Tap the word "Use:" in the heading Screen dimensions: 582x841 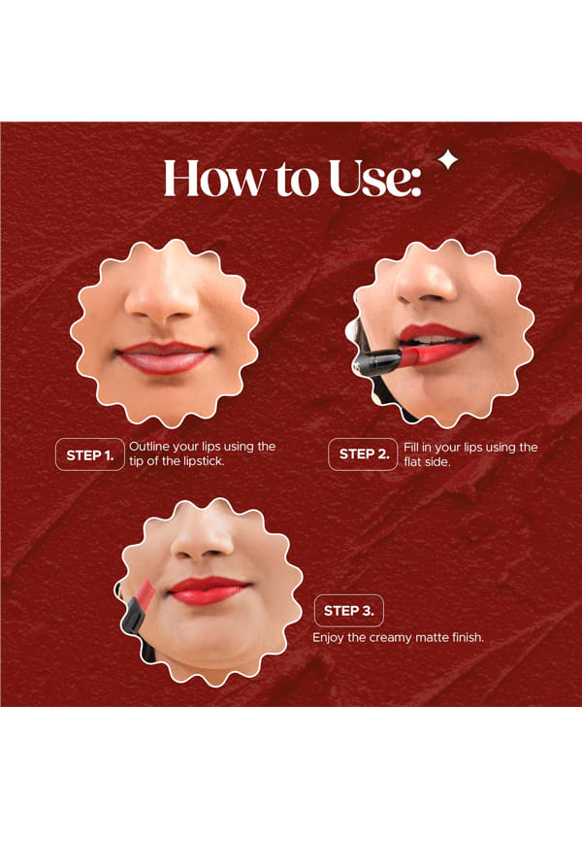[374, 178]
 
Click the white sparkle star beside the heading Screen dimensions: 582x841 [448, 160]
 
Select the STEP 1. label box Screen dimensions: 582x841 [89, 454]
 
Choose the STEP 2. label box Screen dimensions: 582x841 [363, 454]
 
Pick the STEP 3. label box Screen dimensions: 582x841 [349, 611]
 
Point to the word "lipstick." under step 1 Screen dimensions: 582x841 [204, 461]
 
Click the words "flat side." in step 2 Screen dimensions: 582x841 [427, 462]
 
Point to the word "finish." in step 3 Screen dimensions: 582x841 [468, 638]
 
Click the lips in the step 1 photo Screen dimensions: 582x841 [164, 357]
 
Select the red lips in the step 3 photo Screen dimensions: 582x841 [209, 590]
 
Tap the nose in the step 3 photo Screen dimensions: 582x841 [202, 538]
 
